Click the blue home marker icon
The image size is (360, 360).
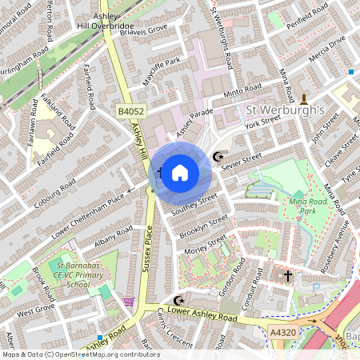(x=180, y=172)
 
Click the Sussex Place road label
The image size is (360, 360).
(x=147, y=248)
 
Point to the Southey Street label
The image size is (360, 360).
(x=194, y=205)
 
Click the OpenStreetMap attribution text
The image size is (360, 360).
(x=80, y=354)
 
